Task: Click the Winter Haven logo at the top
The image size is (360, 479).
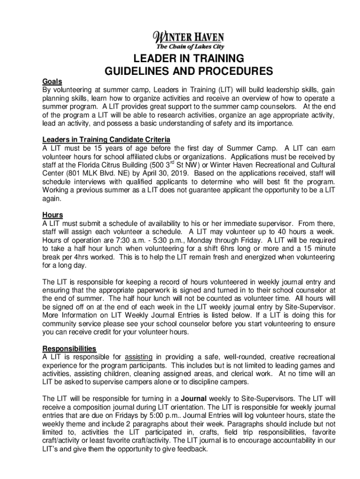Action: [x=189, y=37]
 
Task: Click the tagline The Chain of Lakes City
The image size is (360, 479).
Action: [x=190, y=47]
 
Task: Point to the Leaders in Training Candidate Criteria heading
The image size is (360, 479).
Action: [x=106, y=140]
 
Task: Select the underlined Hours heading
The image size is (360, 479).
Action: [x=53, y=215]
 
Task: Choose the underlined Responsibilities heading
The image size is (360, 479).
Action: [x=70, y=349]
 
